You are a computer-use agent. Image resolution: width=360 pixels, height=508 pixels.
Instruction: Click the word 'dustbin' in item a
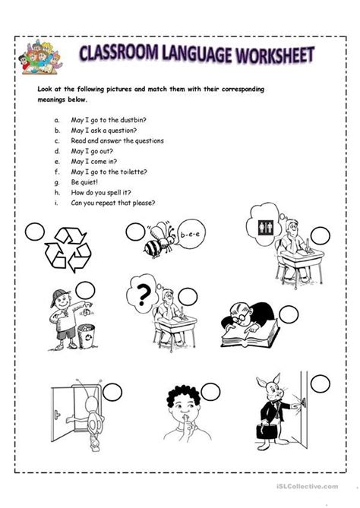point(146,118)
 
